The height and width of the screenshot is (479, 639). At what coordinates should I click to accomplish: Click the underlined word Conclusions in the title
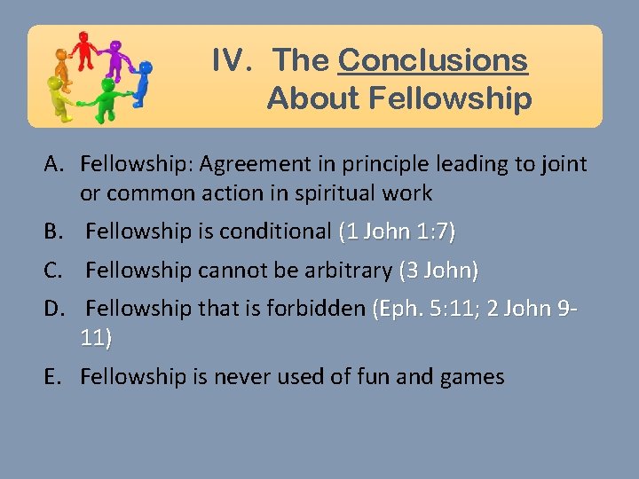(x=433, y=60)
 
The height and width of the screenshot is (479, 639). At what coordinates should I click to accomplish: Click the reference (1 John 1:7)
(x=398, y=232)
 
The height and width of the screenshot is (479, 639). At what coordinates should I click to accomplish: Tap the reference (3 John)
(x=439, y=269)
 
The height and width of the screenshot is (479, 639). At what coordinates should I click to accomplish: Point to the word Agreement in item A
(x=250, y=164)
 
